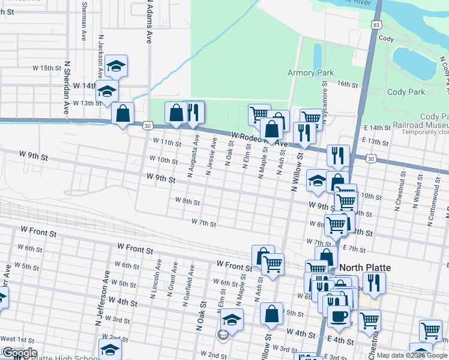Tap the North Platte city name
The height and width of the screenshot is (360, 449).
365,268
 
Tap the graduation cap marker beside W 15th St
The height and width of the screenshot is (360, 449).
116,68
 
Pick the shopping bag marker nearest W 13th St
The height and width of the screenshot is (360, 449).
122,113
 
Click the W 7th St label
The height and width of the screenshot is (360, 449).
203,223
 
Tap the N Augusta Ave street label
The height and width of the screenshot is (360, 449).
193,155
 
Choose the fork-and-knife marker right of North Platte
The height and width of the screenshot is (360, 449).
375,283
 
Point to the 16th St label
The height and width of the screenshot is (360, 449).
348,84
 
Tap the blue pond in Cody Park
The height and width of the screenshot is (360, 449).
414,62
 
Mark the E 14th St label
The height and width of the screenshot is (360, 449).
378,128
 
